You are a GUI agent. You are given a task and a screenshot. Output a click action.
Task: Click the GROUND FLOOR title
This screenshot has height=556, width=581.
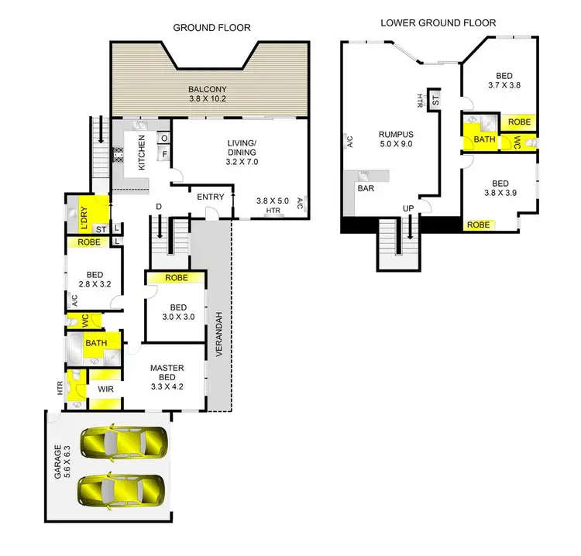(211, 28)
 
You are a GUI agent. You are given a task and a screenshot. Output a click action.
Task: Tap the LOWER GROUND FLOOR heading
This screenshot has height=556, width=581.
(438, 23)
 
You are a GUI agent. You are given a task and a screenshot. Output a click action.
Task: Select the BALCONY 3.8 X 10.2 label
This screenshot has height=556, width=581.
(211, 94)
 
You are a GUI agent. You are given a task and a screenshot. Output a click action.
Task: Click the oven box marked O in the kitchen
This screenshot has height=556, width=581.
(164, 139)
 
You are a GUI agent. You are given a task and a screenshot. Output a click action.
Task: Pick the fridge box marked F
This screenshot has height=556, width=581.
(164, 153)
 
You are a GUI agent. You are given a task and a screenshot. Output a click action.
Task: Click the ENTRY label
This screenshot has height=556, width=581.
(210, 197)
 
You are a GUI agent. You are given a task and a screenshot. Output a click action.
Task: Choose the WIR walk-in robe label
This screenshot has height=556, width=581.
(104, 387)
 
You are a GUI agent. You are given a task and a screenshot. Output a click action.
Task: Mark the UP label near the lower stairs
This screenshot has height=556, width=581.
(407, 209)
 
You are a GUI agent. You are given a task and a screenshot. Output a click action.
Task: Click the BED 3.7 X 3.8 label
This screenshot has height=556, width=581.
(504, 81)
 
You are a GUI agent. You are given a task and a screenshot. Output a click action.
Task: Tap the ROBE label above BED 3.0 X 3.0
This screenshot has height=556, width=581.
(176, 278)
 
